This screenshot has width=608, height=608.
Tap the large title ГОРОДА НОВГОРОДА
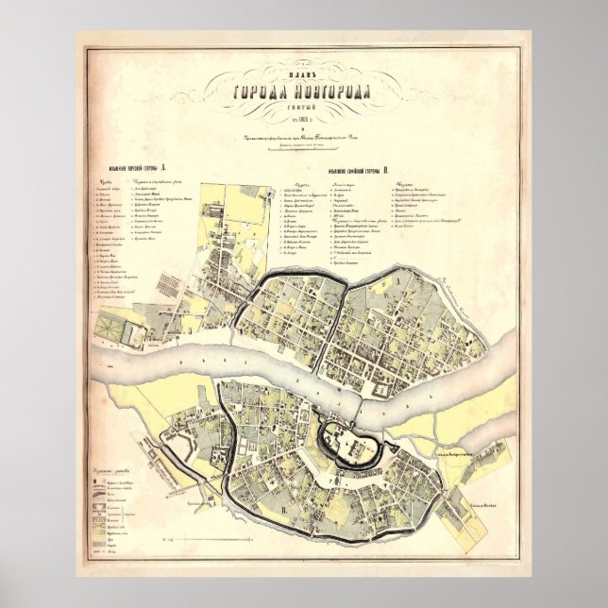(x=304, y=91)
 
